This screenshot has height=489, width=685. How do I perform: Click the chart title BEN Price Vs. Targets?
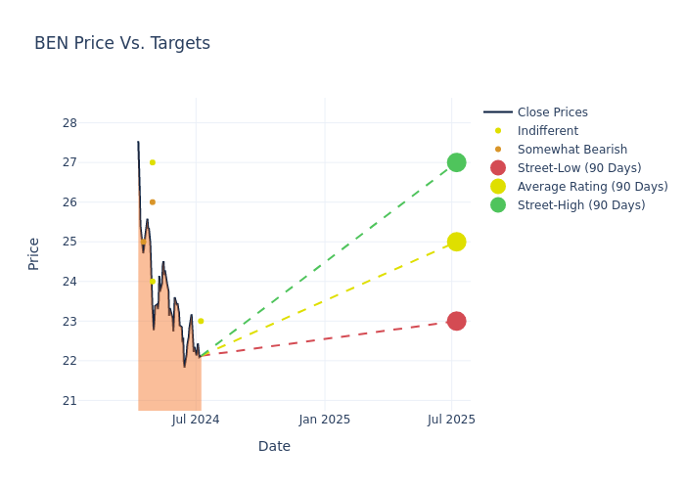click(122, 43)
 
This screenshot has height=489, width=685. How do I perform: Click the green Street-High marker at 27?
click(456, 162)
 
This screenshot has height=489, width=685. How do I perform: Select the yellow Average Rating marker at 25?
click(456, 242)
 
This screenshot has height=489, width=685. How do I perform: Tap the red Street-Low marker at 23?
click(456, 321)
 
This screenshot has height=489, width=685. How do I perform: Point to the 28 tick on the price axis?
click(69, 123)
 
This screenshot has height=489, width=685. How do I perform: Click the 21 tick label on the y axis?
click(69, 400)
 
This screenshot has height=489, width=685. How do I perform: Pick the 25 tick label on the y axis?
click(69, 242)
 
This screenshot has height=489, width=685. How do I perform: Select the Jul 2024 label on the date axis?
click(196, 420)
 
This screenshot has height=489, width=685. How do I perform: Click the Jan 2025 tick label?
click(325, 420)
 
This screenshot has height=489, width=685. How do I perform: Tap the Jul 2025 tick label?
click(452, 420)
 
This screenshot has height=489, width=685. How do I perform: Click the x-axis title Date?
click(274, 446)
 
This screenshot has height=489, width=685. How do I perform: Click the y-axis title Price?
click(34, 253)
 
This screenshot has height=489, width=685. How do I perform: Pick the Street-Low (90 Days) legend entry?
click(578, 168)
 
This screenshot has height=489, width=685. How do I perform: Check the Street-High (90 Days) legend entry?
click(580, 205)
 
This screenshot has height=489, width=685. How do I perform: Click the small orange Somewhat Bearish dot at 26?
click(153, 202)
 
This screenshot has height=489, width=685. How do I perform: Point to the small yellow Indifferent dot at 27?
click(153, 162)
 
